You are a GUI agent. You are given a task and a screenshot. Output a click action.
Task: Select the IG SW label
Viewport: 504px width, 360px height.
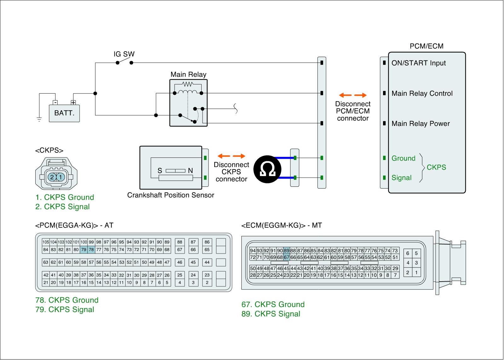124,54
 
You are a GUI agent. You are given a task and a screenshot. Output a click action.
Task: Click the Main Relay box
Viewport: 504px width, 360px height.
188,103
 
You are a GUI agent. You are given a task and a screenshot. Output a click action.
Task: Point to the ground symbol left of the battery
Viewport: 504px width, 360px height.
39,119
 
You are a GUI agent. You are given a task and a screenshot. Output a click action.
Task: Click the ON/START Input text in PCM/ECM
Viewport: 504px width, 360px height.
418,63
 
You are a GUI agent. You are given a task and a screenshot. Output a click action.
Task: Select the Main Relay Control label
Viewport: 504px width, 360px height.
422,94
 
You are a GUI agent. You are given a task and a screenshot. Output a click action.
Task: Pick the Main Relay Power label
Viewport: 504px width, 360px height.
421,124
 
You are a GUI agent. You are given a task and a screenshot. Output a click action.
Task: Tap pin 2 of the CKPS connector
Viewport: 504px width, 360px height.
52,177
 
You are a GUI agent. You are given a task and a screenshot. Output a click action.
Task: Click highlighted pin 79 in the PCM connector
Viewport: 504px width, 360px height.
83,250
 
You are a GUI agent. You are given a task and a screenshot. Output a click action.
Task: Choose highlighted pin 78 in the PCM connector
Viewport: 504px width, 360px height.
91,250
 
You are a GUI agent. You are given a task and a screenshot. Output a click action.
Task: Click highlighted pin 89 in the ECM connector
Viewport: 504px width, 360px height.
286,251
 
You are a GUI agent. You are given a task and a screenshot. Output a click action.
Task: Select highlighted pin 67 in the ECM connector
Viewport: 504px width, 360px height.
286,257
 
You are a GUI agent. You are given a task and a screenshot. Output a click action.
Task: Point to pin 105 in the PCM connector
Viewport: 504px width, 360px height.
46,242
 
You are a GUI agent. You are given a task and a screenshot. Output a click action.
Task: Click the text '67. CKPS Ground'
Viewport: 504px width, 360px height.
273,305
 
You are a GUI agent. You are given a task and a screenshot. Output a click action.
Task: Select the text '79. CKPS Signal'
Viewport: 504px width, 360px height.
65,310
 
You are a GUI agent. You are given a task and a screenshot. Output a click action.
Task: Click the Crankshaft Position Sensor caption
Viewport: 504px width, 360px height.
170,195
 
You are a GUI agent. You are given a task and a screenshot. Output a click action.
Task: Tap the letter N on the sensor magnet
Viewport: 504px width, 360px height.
190,171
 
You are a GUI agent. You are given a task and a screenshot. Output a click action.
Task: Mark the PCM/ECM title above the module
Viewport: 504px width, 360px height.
426,46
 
